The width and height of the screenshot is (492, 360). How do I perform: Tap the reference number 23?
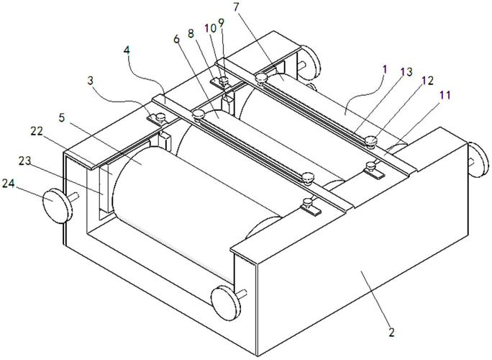click(24, 161)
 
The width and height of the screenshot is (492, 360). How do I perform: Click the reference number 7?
click(237, 7)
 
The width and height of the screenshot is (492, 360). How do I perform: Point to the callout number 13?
click(407, 72)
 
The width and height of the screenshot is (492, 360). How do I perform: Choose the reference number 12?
click(427, 81)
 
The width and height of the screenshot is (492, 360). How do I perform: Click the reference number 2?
click(391, 332)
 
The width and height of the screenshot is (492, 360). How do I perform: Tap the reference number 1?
click(386, 69)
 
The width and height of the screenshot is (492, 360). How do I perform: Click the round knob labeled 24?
click(58, 206)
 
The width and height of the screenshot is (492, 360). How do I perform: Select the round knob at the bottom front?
click(227, 303)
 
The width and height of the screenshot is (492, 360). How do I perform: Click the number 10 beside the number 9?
click(211, 28)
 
